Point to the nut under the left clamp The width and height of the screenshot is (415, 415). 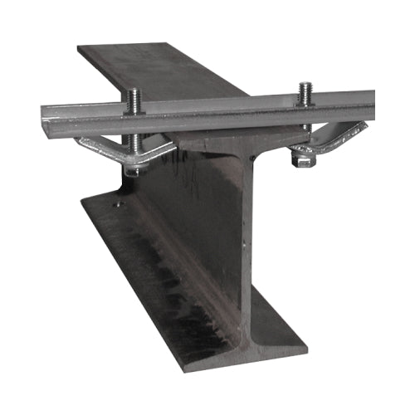pyautogui.click(x=133, y=170)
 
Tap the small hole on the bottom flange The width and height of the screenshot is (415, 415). pyautogui.click(x=118, y=203)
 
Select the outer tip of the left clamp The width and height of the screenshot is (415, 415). pyautogui.click(x=79, y=141)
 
